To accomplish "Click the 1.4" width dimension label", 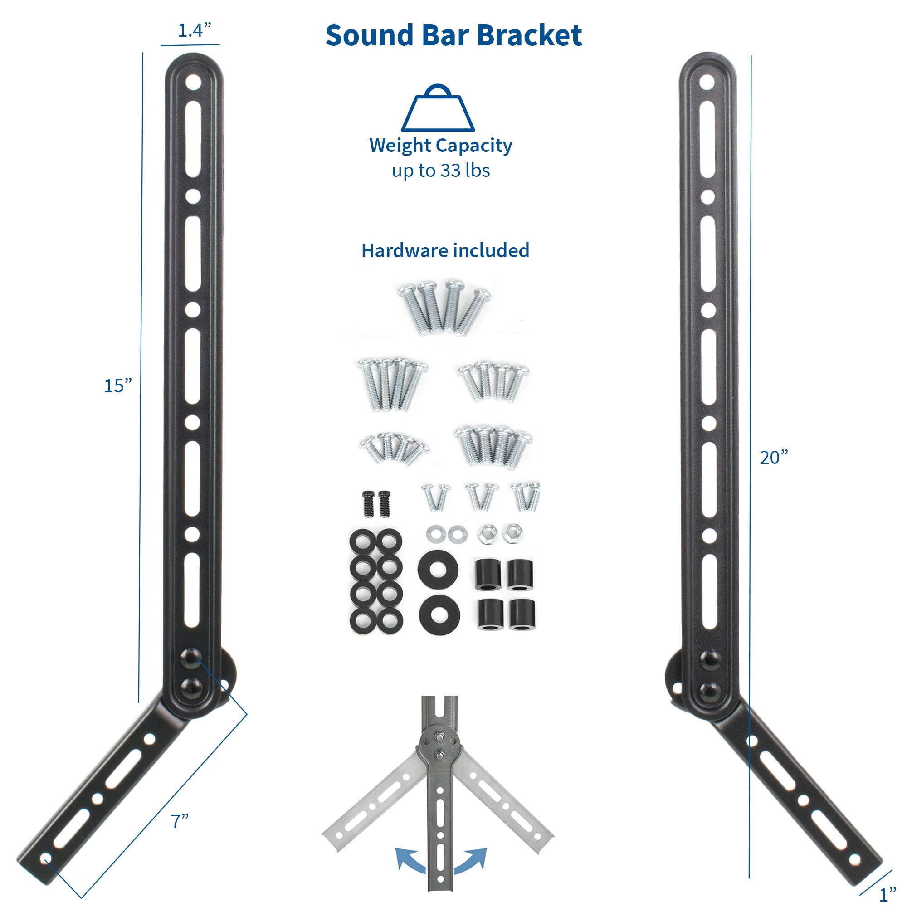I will [x=194, y=30].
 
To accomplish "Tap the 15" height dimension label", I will [x=117, y=386].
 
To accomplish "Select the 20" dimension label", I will [x=774, y=458].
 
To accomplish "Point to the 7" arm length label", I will [x=179, y=822].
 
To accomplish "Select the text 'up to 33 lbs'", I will [x=440, y=171].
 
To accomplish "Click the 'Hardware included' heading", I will [x=445, y=251].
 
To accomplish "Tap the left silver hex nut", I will [x=486, y=534].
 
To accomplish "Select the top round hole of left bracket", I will [x=193, y=83].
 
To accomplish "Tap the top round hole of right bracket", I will [x=707, y=83].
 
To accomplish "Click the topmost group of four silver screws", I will [x=444, y=307].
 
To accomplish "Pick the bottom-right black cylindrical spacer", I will [x=520, y=614].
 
